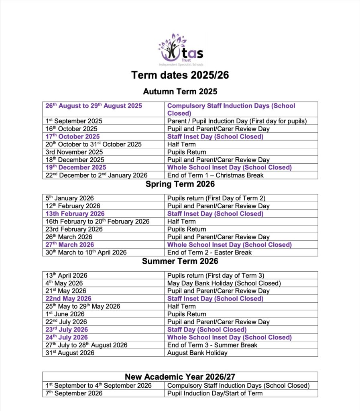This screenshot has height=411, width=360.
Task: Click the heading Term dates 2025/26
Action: point(180,75)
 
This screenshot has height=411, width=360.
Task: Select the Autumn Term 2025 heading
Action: point(180,92)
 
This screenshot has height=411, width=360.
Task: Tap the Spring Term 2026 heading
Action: point(180,184)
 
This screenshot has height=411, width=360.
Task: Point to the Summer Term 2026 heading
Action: point(180,261)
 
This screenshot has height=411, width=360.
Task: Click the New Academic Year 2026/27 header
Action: point(180,376)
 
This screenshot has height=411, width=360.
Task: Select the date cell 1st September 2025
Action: point(74,121)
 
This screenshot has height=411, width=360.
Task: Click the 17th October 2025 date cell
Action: point(73,136)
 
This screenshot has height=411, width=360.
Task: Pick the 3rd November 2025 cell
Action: point(74,152)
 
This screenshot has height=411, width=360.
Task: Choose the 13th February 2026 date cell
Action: point(75,214)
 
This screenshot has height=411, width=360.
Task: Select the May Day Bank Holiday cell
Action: point(224,283)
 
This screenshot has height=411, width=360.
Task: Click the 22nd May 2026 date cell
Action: point(68,299)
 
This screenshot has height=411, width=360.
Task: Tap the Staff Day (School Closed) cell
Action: point(207,330)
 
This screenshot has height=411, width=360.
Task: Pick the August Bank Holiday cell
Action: point(197,353)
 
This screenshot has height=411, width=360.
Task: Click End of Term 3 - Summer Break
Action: point(212,345)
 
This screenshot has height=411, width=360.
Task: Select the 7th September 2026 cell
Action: point(74,393)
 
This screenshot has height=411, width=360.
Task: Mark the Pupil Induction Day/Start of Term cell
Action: point(215,393)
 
